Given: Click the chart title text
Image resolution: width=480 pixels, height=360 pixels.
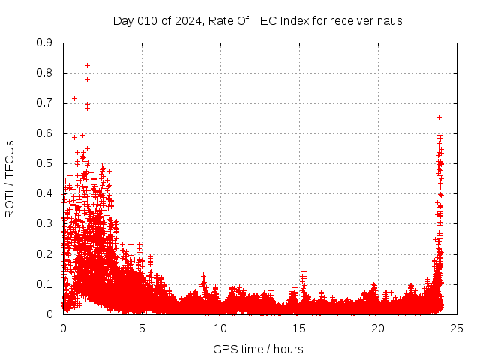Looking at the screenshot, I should pos(257,20).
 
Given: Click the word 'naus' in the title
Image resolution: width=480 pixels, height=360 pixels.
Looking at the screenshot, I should pos(389,20).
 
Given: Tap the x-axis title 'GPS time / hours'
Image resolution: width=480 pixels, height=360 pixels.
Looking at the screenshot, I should pos(258,349).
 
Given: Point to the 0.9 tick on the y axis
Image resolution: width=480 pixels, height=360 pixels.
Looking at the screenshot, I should pos(46,43).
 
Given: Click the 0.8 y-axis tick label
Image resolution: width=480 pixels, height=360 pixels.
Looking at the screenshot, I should pos(46,73).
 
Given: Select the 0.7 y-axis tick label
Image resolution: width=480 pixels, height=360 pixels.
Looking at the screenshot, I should pos(46,103).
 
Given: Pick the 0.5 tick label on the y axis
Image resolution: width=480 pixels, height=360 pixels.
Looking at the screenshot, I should pos(46,163).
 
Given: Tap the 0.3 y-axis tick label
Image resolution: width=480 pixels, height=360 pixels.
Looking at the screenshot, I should pos(46,223).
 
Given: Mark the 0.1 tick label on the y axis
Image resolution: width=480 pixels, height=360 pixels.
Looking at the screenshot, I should pos(46,284).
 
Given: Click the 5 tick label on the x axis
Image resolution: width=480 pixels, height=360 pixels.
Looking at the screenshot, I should pos(142,328).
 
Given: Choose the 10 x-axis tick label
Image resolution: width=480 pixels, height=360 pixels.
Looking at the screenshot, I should pos(220,328).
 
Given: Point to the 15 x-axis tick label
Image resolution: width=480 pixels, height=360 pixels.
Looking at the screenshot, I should pos(299,328).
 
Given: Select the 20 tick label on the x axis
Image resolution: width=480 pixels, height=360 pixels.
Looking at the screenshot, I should pos(378,328).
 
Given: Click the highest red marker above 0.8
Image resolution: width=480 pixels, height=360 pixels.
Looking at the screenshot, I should pos(87,65).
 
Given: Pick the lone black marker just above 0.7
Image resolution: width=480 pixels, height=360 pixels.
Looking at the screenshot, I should pos(74,98).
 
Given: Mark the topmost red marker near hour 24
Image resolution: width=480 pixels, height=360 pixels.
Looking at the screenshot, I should pos(439,117).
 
